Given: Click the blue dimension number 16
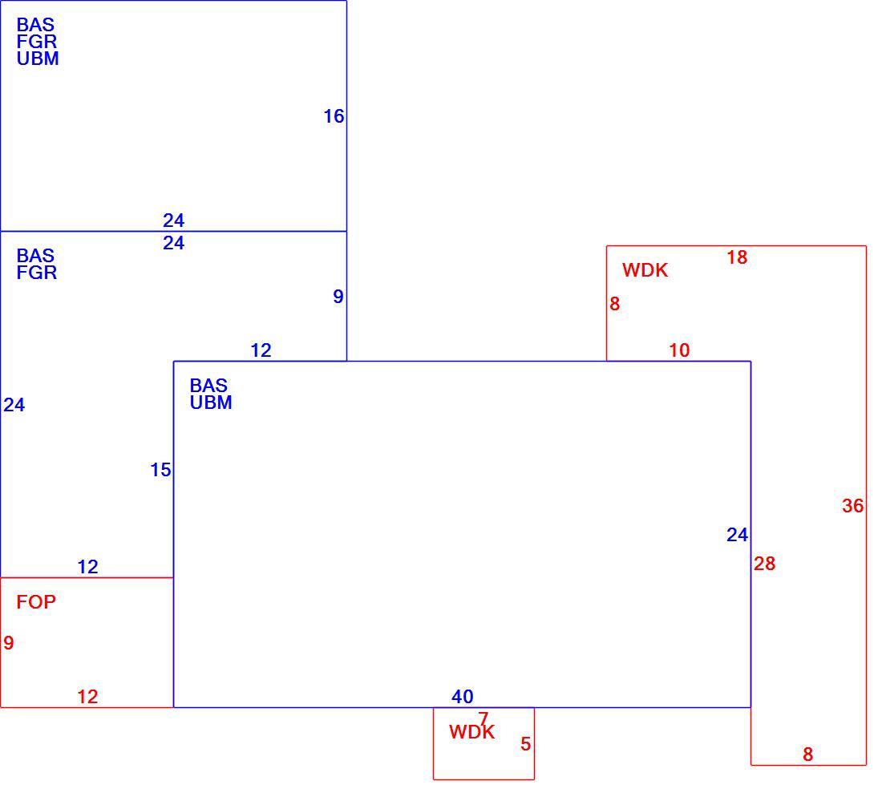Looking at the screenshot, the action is [334, 116].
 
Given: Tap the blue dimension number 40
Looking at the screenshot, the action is [463, 697].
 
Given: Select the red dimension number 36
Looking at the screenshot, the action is [853, 506].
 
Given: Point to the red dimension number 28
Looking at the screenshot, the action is [764, 564].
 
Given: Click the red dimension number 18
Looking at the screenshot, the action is [737, 257].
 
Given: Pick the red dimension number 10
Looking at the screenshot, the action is [679, 350].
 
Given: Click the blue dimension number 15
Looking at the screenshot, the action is [160, 470].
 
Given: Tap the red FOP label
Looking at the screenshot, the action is [36, 602].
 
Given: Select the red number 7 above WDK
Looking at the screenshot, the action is [483, 718].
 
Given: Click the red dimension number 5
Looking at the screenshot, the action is [525, 745].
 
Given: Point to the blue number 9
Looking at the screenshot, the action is [338, 297].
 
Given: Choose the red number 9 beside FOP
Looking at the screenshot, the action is [9, 643].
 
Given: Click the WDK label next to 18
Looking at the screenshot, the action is [645, 270].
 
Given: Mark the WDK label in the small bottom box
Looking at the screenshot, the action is [472, 732].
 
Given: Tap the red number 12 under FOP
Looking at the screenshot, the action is [87, 697].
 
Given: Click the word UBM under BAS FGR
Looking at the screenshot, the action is [38, 59].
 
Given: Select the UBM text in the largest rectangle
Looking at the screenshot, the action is [211, 403].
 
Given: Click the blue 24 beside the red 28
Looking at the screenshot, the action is [738, 535].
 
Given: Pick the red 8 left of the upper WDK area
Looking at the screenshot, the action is [614, 305].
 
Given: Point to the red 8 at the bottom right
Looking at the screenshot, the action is [807, 755].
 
